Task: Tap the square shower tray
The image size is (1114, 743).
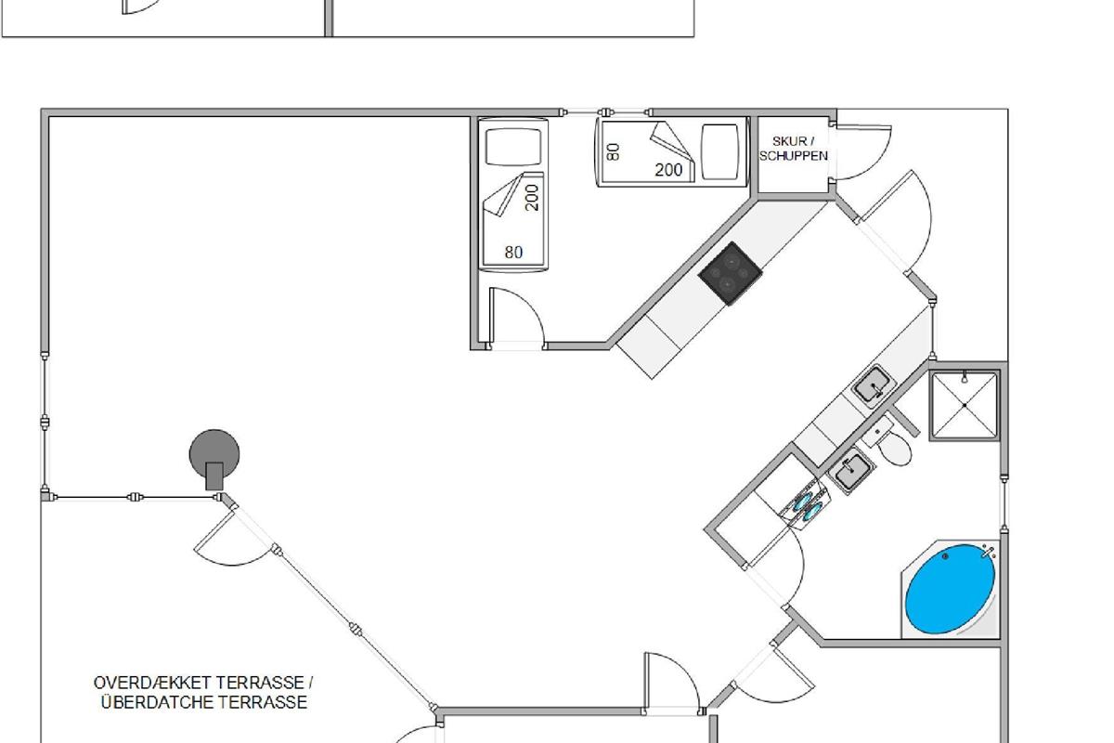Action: (x=965, y=405)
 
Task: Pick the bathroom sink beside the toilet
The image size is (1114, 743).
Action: (x=849, y=472)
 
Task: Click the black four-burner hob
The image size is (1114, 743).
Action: (x=730, y=271)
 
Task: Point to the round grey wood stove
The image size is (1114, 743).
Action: (x=214, y=454)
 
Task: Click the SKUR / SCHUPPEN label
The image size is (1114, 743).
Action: (x=794, y=149)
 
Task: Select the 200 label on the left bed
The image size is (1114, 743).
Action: (x=532, y=196)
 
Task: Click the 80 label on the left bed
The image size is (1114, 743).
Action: (x=513, y=252)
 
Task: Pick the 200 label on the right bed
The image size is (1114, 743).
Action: (x=668, y=170)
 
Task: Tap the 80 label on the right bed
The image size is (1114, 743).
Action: (x=614, y=150)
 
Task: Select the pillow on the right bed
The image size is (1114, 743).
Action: (x=719, y=150)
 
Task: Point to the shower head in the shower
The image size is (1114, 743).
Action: (x=965, y=378)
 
